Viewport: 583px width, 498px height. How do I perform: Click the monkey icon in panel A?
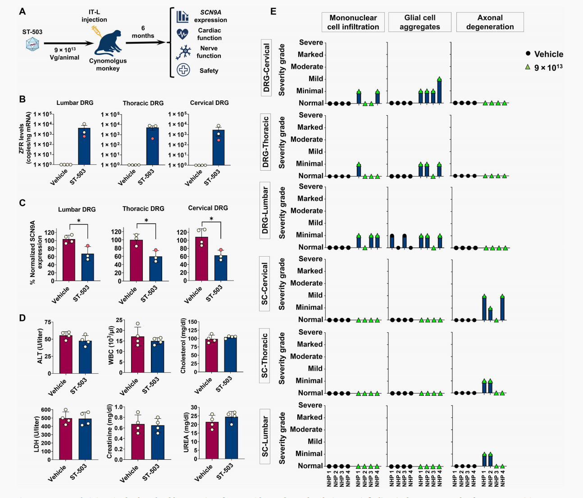pyautogui.click(x=107, y=44)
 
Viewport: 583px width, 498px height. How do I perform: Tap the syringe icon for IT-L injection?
pyautogui.click(x=96, y=31)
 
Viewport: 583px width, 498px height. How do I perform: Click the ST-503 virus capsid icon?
pyautogui.click(x=32, y=44)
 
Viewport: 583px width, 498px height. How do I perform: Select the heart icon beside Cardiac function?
pyautogui.click(x=182, y=34)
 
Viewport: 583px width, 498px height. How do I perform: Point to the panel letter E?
pyautogui.click(x=273, y=11)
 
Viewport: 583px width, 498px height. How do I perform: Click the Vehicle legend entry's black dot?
pyautogui.click(x=528, y=54)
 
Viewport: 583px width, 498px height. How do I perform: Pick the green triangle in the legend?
pyautogui.click(x=528, y=67)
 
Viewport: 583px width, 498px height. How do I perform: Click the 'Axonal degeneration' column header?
pyautogui.click(x=490, y=22)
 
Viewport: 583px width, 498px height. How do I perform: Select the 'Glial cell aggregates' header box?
pyautogui.click(x=419, y=22)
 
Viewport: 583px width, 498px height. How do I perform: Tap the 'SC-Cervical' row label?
pyautogui.click(x=265, y=284)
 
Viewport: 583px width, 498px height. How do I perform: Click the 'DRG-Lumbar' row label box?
pyautogui.click(x=265, y=210)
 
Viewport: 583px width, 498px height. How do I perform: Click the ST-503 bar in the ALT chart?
pyautogui.click(x=85, y=357)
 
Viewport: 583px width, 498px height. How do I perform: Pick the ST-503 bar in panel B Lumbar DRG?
pyautogui.click(x=84, y=146)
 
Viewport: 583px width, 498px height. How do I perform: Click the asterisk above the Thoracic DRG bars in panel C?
pyautogui.click(x=146, y=221)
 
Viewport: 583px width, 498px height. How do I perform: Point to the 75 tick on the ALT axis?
pyautogui.click(x=47, y=322)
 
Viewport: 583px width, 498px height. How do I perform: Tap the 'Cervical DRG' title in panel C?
pyautogui.click(x=208, y=208)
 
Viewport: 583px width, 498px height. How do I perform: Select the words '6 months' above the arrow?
pyautogui.click(x=143, y=32)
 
